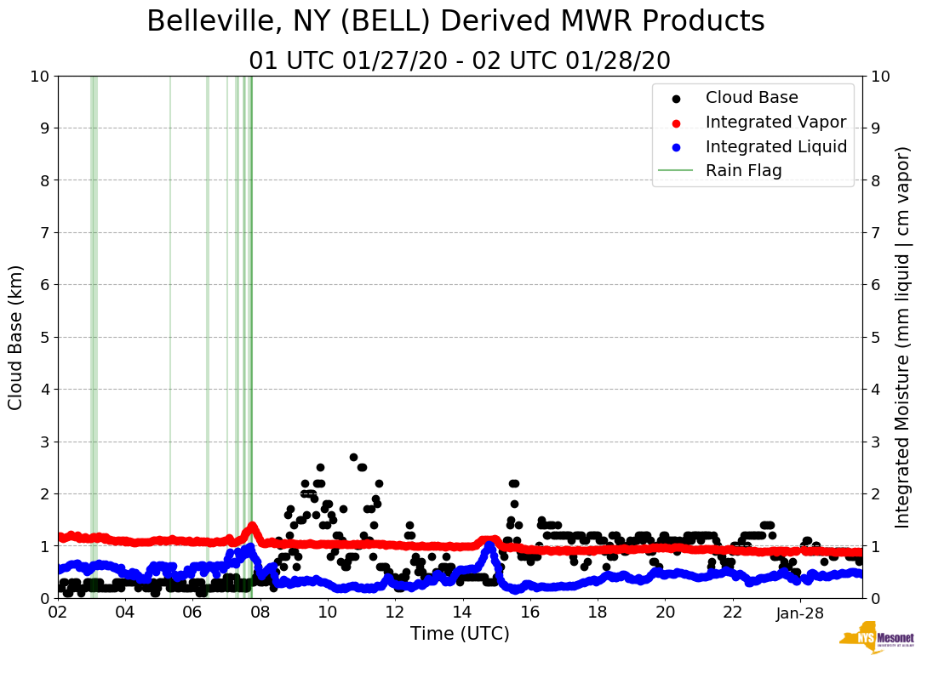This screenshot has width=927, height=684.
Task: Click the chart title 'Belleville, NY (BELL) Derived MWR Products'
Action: pos(455,22)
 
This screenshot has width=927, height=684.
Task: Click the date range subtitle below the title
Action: pos(460,61)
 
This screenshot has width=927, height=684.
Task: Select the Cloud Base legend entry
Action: pos(752,98)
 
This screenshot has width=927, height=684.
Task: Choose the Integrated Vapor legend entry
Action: pos(775,123)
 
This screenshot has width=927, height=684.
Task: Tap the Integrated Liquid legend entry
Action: pos(775,146)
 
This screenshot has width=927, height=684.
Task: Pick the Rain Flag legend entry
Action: pos(743,171)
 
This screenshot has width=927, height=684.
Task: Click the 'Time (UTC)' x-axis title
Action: pos(460,634)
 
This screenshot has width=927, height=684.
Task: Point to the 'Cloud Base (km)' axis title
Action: pos(16,337)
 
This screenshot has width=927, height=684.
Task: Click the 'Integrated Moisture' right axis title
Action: pos(903,337)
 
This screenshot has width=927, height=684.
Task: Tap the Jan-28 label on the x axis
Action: pos(800,613)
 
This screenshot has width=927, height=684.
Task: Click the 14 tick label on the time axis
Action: pos(462,613)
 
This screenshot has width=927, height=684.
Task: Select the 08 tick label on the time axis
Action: pos(260,613)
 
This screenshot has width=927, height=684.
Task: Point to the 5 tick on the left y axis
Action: pos(43,337)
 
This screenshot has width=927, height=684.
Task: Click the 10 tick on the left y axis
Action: pos(39,76)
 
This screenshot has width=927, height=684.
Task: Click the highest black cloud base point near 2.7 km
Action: pos(353,457)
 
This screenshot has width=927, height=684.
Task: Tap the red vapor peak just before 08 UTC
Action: pos(252,527)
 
